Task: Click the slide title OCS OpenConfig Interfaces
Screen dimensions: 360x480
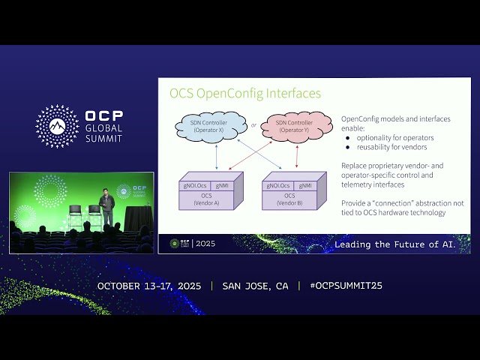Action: [x=244, y=94]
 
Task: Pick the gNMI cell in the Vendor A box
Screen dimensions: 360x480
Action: [x=223, y=184]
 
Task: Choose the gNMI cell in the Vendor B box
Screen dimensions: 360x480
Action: [x=306, y=184]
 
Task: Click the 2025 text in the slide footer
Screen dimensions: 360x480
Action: [x=205, y=244]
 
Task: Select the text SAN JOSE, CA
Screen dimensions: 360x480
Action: [x=255, y=286]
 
